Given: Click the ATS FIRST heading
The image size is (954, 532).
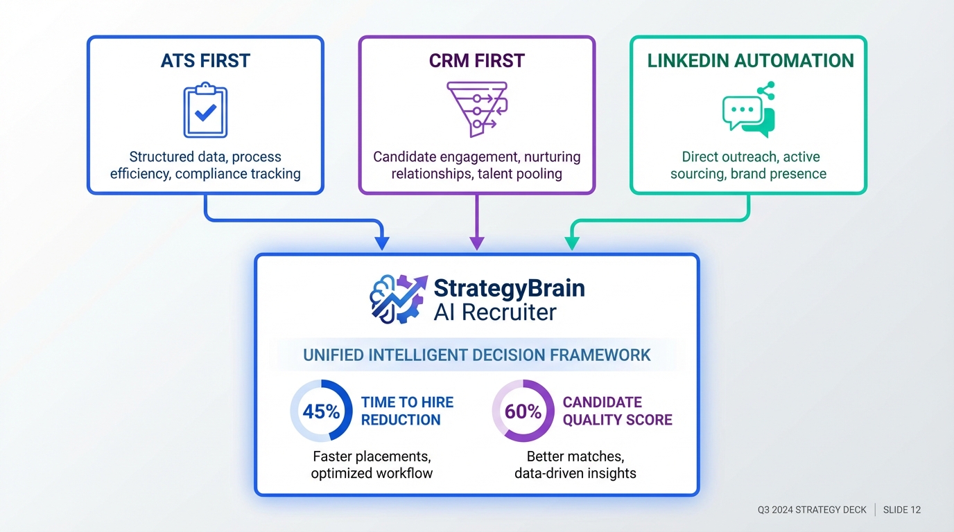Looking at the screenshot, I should tap(205, 61).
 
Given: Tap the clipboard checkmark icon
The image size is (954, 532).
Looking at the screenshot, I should tap(205, 111).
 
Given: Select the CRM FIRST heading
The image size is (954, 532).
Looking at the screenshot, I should tap(476, 61).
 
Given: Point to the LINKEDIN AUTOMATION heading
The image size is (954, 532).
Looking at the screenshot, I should tap(750, 61).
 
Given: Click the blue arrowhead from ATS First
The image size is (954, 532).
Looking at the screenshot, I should tap(381, 243).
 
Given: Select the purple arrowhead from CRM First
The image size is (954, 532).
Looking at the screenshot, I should tap(476, 243).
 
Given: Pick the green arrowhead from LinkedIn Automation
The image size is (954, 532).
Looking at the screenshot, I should tap(571, 243).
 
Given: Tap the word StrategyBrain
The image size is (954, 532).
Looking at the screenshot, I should tap(509, 287).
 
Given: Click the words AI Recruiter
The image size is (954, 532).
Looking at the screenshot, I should tap(494, 312).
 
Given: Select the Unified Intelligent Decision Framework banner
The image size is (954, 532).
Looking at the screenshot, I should tap(476, 355).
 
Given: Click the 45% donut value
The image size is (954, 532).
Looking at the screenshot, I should tap(322, 411).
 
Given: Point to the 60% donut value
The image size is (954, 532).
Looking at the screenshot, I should tap(523, 411).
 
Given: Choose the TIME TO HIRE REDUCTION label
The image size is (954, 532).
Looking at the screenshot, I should tap(407, 411).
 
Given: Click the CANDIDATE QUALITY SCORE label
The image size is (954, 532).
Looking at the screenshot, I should tap(617, 411).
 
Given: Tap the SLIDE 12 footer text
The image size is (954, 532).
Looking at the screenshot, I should tap(902, 510).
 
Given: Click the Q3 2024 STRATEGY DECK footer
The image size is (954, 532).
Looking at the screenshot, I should tap(812, 510).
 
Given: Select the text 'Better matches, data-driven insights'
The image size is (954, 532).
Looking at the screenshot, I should tap(575, 465).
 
